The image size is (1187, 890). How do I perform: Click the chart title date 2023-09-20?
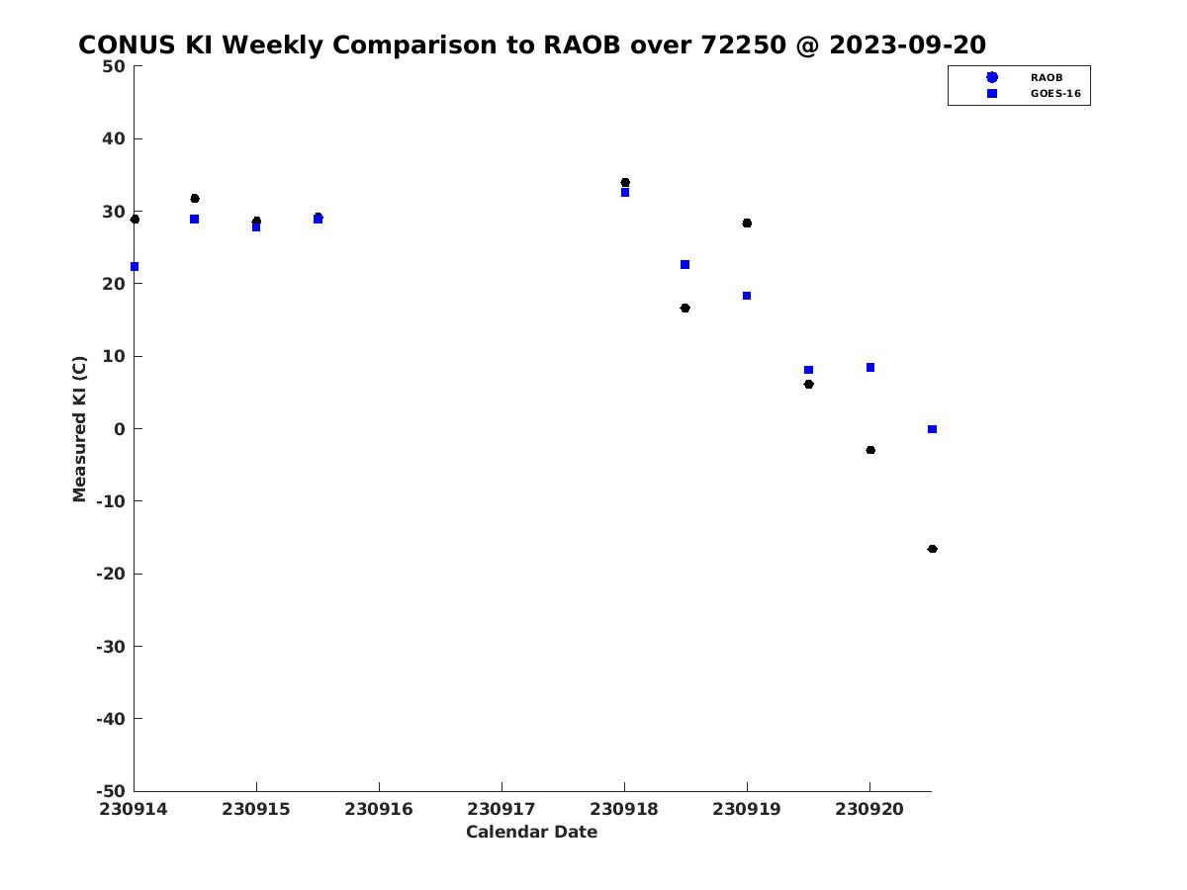pyautogui.click(x=907, y=44)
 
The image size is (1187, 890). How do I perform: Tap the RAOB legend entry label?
pyautogui.click(x=1046, y=78)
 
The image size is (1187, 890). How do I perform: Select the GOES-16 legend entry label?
pyautogui.click(x=1055, y=94)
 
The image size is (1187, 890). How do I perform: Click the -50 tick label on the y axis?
pyautogui.click(x=111, y=791)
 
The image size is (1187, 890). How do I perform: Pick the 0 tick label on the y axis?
pyautogui.click(x=120, y=429)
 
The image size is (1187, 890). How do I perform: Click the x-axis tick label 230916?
pyautogui.click(x=379, y=809)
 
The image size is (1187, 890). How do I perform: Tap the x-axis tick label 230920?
pyautogui.click(x=869, y=809)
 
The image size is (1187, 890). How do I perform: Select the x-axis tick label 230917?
pyautogui.click(x=502, y=809)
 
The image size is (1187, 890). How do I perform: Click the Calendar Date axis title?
pyautogui.click(x=531, y=832)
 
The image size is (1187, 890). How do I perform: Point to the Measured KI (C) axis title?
pyautogui.click(x=79, y=428)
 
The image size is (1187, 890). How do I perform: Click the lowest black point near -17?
pyautogui.click(x=932, y=549)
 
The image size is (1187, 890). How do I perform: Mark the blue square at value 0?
pyautogui.click(x=932, y=429)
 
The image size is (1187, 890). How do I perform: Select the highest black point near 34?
pyautogui.click(x=625, y=182)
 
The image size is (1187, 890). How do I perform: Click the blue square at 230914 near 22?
pyautogui.click(x=135, y=266)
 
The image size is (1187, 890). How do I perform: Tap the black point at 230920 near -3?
pyautogui.click(x=870, y=450)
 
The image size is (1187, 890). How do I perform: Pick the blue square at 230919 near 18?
pyautogui.click(x=747, y=296)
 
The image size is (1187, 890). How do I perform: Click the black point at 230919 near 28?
pyautogui.click(x=747, y=223)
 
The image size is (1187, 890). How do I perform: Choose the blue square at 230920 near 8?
pyautogui.click(x=870, y=368)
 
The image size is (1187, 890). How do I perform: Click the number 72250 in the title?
pyautogui.click(x=744, y=44)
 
